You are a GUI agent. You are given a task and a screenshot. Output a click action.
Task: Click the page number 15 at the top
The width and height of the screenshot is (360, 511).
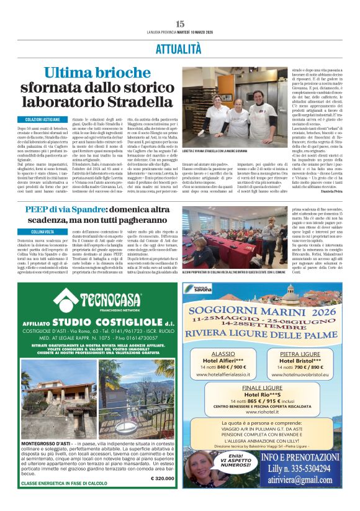[180, 24]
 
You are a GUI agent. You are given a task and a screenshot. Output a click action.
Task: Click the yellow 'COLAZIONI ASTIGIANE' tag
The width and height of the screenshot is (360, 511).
[43, 119]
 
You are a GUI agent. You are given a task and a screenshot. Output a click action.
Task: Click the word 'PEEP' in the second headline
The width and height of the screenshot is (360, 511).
[37, 210]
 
